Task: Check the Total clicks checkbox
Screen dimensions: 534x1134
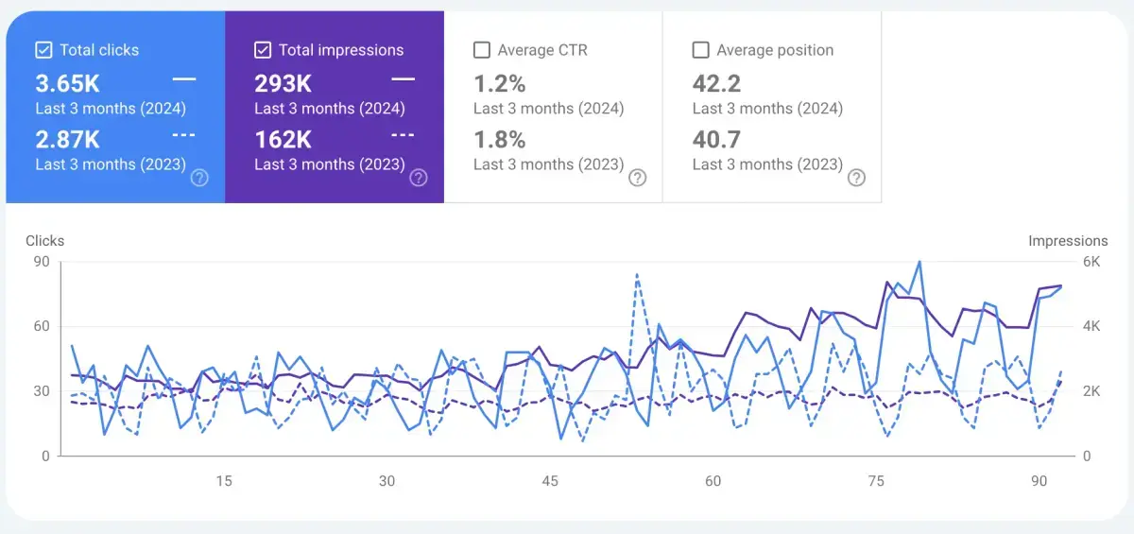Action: (x=43, y=50)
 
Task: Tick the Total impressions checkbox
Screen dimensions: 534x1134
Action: (x=263, y=50)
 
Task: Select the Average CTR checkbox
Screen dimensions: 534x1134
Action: (x=482, y=50)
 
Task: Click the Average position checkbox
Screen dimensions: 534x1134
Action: (x=701, y=50)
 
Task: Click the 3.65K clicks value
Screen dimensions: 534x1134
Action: (x=67, y=84)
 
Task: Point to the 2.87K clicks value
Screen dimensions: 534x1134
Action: (x=67, y=140)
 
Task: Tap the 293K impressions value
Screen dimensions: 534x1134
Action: (x=283, y=84)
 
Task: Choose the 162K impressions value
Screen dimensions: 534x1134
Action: (x=283, y=140)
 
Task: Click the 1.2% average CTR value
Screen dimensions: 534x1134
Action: (x=499, y=84)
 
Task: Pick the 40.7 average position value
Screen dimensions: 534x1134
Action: (x=716, y=140)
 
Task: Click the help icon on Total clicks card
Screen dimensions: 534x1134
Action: (x=199, y=178)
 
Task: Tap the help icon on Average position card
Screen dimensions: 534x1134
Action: (x=856, y=178)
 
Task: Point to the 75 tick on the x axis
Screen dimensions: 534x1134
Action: (x=876, y=481)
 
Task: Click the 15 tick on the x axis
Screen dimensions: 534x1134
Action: (x=224, y=481)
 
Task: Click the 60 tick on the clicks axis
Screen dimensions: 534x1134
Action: (x=41, y=327)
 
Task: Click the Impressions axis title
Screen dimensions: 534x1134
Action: (x=1068, y=241)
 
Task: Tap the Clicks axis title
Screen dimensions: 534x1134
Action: (x=45, y=241)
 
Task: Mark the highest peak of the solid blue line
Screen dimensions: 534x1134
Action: (x=919, y=262)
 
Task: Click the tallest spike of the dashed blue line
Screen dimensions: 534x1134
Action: (x=637, y=274)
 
